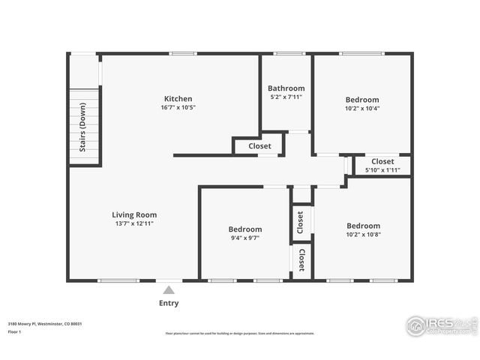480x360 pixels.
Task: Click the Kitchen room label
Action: point(178,99)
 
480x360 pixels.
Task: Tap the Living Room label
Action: point(134,214)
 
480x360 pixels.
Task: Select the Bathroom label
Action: point(286,88)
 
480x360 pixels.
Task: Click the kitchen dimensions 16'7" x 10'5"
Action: point(178,108)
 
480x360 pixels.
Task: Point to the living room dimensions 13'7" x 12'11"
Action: point(134,223)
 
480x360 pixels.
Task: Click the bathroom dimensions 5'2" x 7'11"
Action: point(286,97)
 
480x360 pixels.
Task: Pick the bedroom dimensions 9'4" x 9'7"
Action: point(245,238)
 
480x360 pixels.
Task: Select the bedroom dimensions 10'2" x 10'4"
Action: point(362,109)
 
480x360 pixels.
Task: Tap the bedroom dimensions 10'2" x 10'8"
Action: point(363,235)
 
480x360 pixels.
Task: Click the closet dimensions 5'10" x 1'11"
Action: point(382,170)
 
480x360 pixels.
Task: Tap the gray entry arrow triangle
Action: point(169,289)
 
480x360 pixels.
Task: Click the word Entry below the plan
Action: point(169,303)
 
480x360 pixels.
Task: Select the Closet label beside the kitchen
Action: point(259,146)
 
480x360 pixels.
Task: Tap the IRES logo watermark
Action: point(441,325)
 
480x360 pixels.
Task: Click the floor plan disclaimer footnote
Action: point(240,334)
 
